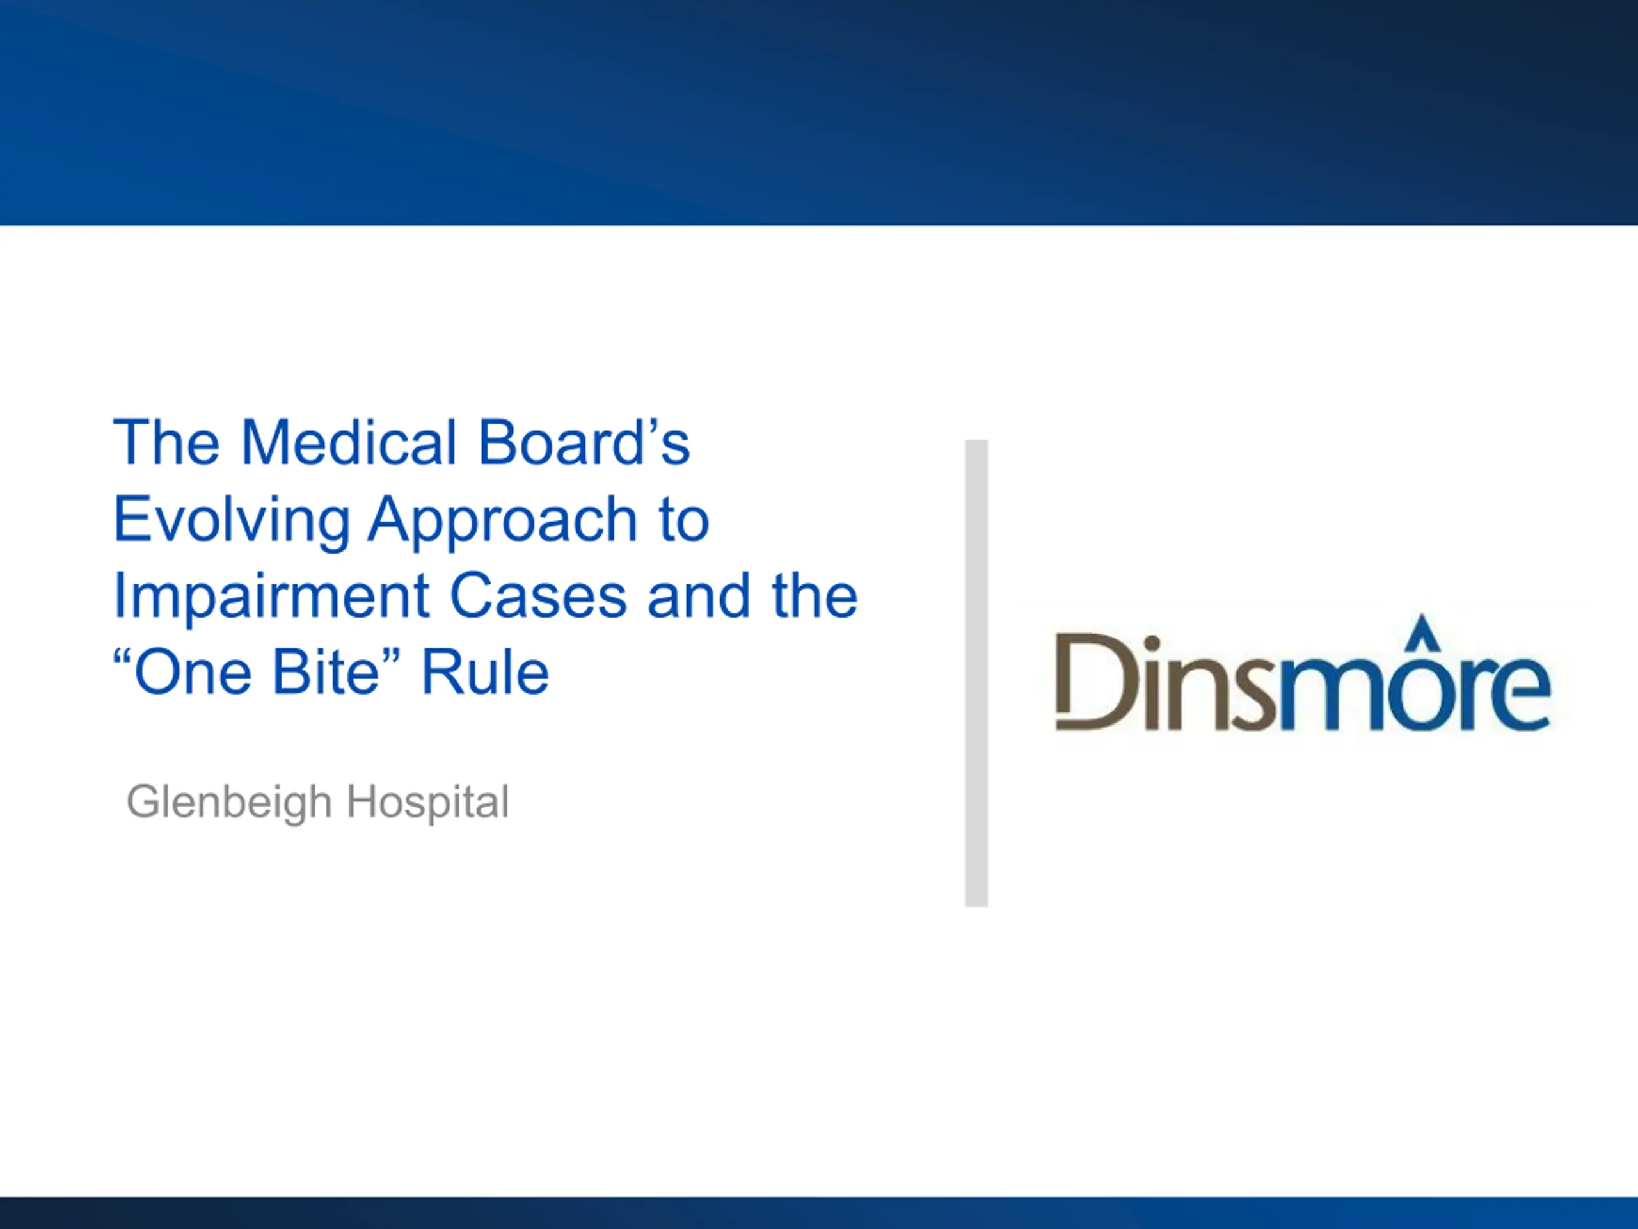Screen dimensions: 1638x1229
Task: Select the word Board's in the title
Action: click(584, 443)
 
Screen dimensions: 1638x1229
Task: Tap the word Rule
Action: click(485, 673)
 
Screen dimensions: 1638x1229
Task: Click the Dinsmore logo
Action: click(1303, 673)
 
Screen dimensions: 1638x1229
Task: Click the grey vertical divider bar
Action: click(976, 673)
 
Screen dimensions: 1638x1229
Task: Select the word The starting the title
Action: click(166, 443)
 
